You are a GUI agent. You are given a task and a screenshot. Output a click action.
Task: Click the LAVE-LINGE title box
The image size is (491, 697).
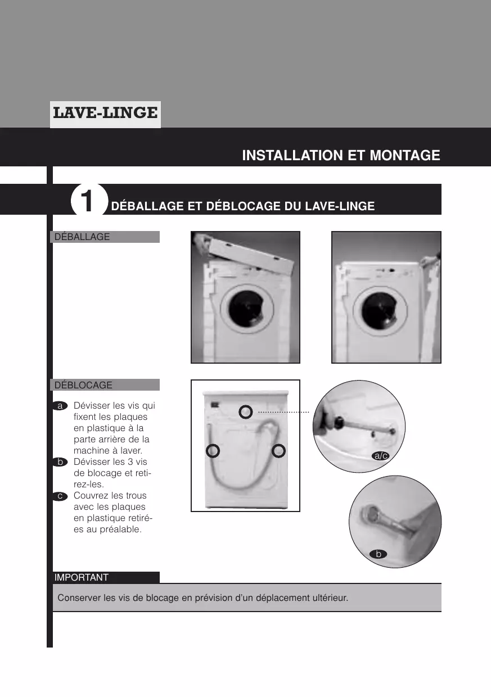pos(105,114)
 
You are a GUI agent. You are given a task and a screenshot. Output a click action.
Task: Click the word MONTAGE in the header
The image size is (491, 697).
pos(405,155)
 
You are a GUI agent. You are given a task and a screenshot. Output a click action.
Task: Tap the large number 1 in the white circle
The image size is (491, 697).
pos(87,201)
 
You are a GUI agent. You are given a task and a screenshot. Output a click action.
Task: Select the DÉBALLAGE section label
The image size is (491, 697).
pos(105,237)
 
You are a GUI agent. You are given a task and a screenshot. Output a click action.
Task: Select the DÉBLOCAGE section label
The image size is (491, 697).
pos(105,385)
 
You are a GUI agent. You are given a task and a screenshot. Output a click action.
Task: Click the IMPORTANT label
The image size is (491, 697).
pos(106,577)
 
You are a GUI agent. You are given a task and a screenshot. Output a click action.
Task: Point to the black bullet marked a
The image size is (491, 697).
pos(60,406)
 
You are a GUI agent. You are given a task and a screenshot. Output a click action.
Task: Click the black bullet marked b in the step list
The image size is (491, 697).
pos(60,462)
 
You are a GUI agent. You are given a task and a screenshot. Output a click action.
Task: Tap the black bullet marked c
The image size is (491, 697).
pos(60,496)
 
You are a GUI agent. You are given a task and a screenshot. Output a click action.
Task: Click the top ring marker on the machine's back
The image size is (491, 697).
pos(246,405)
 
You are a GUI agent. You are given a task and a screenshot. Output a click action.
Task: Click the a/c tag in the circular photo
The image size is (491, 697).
pos(380,456)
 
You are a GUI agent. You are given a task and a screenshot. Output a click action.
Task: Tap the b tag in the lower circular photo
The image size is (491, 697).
pos(379,554)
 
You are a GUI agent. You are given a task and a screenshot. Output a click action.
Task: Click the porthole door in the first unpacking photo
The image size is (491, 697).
pos(247,309)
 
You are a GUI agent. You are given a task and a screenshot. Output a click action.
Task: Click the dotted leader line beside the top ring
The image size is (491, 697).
pos(283,412)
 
